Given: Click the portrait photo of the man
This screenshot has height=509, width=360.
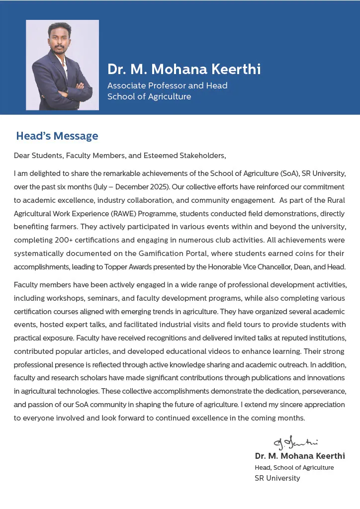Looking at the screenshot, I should [x=62, y=65].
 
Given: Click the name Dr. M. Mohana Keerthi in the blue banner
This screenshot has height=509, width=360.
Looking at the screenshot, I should [x=184, y=69].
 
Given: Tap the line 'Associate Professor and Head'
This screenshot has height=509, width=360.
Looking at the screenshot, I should [x=168, y=85].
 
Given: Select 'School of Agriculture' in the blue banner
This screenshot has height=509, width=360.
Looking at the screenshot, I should [x=149, y=96].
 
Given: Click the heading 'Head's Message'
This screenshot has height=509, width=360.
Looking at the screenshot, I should [x=57, y=136].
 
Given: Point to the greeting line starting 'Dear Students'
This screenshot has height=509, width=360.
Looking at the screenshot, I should [x=120, y=156].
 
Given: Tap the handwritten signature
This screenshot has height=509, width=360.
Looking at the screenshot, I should [x=295, y=442].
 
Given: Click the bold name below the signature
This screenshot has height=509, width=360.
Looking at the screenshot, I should [x=300, y=456].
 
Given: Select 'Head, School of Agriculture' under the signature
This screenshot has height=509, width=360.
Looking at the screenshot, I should [x=294, y=468].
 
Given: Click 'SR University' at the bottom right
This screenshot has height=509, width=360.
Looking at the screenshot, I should [x=277, y=478].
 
